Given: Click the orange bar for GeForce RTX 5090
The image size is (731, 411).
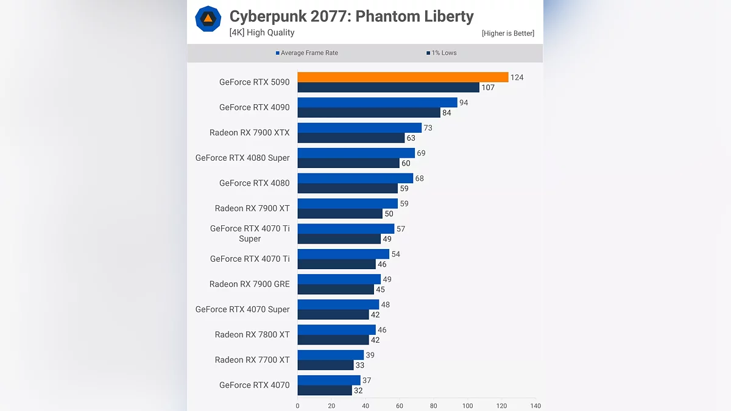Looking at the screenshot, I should coord(403,77).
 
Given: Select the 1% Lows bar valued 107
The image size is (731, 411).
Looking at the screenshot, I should coord(388,88).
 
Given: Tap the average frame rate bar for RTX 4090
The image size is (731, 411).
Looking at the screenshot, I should coord(377,102).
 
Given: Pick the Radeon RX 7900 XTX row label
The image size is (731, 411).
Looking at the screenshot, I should coord(250,133).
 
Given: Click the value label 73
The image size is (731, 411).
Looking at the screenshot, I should coord(429,128).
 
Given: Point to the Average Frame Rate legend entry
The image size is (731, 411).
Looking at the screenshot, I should coord(307,53).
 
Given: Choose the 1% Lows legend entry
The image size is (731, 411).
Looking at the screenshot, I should coord(442,53).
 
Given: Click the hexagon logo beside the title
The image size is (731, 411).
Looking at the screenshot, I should coord(208,19).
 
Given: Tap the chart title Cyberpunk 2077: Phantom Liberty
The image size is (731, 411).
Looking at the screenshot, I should coord(351,16).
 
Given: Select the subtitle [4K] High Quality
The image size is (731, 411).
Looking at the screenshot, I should coord(262,33).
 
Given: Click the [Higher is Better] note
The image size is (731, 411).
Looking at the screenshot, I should coord(507,33).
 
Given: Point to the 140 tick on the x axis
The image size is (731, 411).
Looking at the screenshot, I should coord(535,406).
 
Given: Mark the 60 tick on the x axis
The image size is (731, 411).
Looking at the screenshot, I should coord(400,406).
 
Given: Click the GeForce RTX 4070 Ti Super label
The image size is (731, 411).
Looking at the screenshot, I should coord(250,233).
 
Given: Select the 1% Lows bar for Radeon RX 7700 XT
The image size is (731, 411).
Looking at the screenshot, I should coord(325,365).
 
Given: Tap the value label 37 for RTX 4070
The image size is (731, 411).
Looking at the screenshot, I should coord(367,381).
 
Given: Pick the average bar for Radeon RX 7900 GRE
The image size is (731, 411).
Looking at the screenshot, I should coord(339,279).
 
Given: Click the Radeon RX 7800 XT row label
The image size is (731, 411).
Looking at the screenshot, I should coord(252,334).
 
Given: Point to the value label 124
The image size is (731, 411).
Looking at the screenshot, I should coord(517,77).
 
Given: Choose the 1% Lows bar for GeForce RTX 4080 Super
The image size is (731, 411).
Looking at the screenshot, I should coord(348,163).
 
